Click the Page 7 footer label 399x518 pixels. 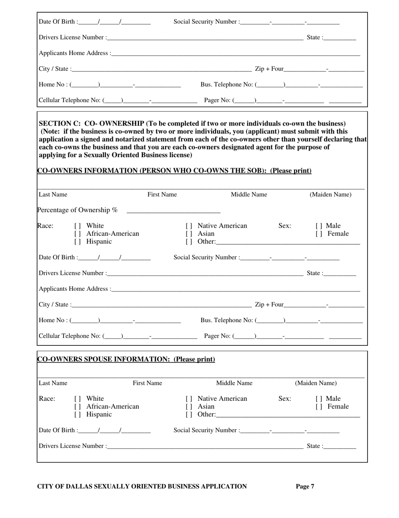point(305,486)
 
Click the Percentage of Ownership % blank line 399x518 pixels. point(173,210)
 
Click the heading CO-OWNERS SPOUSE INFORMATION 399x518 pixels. point(126,359)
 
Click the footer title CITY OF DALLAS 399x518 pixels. point(142,486)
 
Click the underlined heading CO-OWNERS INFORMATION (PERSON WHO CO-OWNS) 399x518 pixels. point(174,171)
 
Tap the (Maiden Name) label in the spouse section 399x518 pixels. point(315,383)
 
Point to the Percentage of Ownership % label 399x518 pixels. point(78,210)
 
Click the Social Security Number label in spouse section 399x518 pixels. point(207,430)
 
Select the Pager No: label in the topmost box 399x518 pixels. point(217,100)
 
